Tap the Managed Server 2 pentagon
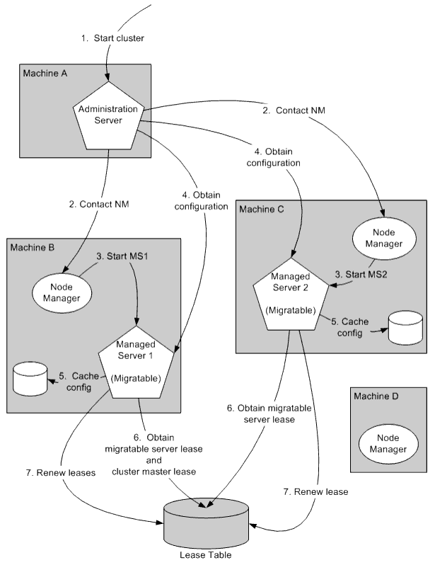click(291, 293)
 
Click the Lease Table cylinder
click(206, 524)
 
